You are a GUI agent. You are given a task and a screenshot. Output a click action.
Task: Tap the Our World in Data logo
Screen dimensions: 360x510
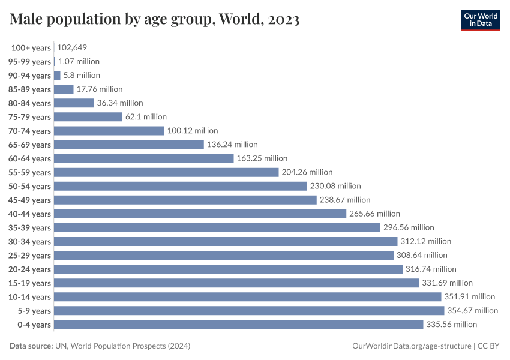point(480,20)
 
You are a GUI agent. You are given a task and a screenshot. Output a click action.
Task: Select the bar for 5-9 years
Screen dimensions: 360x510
point(249,311)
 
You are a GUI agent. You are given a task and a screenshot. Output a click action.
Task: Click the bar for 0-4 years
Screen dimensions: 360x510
point(238,325)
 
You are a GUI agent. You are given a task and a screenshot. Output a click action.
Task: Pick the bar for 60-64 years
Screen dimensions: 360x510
point(143,158)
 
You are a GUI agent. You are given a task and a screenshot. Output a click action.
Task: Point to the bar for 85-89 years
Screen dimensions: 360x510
point(64,89)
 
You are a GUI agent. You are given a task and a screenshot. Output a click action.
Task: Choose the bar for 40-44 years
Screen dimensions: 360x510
point(200,214)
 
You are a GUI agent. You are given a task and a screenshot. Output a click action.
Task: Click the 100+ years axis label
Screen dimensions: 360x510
point(31,48)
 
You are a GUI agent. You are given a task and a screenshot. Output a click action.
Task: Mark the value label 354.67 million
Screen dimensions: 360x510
point(472,311)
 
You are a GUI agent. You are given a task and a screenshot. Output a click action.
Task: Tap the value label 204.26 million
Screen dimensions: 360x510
point(307,172)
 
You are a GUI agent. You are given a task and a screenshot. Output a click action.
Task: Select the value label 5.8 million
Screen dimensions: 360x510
point(82,76)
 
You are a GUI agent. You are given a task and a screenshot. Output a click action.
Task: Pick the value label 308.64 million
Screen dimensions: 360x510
point(423,256)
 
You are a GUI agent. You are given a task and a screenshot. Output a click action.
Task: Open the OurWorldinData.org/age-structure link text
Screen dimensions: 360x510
point(411,346)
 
